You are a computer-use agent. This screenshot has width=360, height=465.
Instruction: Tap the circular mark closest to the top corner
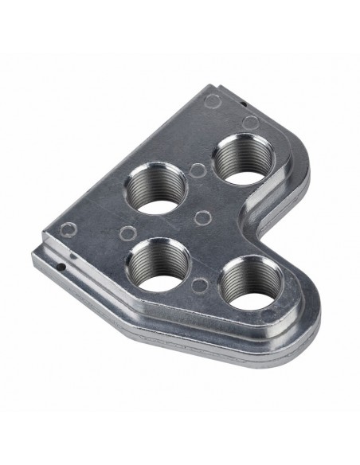(x=213, y=100)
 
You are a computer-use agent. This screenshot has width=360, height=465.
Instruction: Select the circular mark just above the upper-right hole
(x=250, y=123)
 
